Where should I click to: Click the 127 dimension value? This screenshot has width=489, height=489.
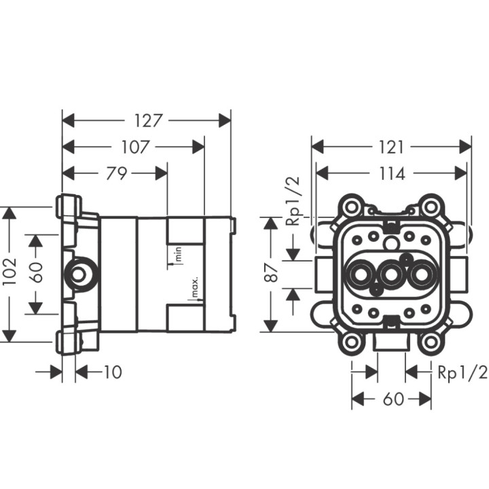(x=147, y=121)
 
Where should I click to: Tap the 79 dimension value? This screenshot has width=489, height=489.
(x=116, y=173)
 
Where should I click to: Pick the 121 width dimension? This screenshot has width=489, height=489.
(x=391, y=147)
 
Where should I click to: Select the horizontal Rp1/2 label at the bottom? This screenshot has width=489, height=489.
(x=462, y=372)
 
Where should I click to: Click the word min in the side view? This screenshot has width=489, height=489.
(x=179, y=255)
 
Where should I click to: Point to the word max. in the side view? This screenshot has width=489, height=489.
(x=194, y=288)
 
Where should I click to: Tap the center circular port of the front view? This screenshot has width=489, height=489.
(x=391, y=275)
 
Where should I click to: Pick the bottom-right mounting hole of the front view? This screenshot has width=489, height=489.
(x=430, y=343)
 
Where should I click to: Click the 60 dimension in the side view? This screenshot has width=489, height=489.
(x=36, y=272)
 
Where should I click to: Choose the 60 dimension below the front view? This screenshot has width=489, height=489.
(x=393, y=399)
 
